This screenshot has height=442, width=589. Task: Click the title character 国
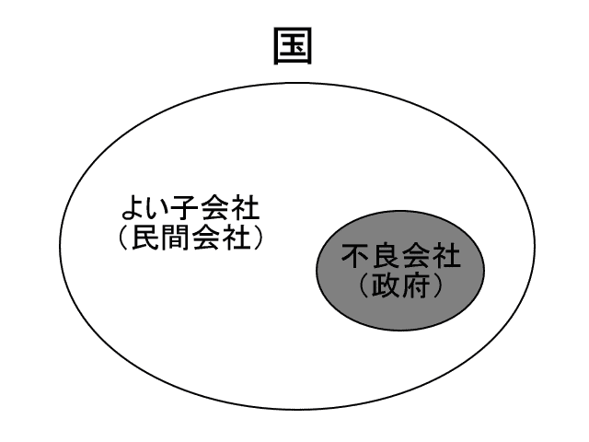point(293,46)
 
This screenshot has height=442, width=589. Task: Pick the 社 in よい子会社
point(246,207)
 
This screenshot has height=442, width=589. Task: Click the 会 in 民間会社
point(206,238)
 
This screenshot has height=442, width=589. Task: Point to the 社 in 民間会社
point(236,238)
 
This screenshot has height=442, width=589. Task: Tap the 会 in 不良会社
point(416,256)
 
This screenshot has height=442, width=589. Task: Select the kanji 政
point(386,285)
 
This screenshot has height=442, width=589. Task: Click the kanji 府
point(415,285)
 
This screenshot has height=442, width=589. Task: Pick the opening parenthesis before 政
point(364,286)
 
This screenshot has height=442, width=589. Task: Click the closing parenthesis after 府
point(437,286)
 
